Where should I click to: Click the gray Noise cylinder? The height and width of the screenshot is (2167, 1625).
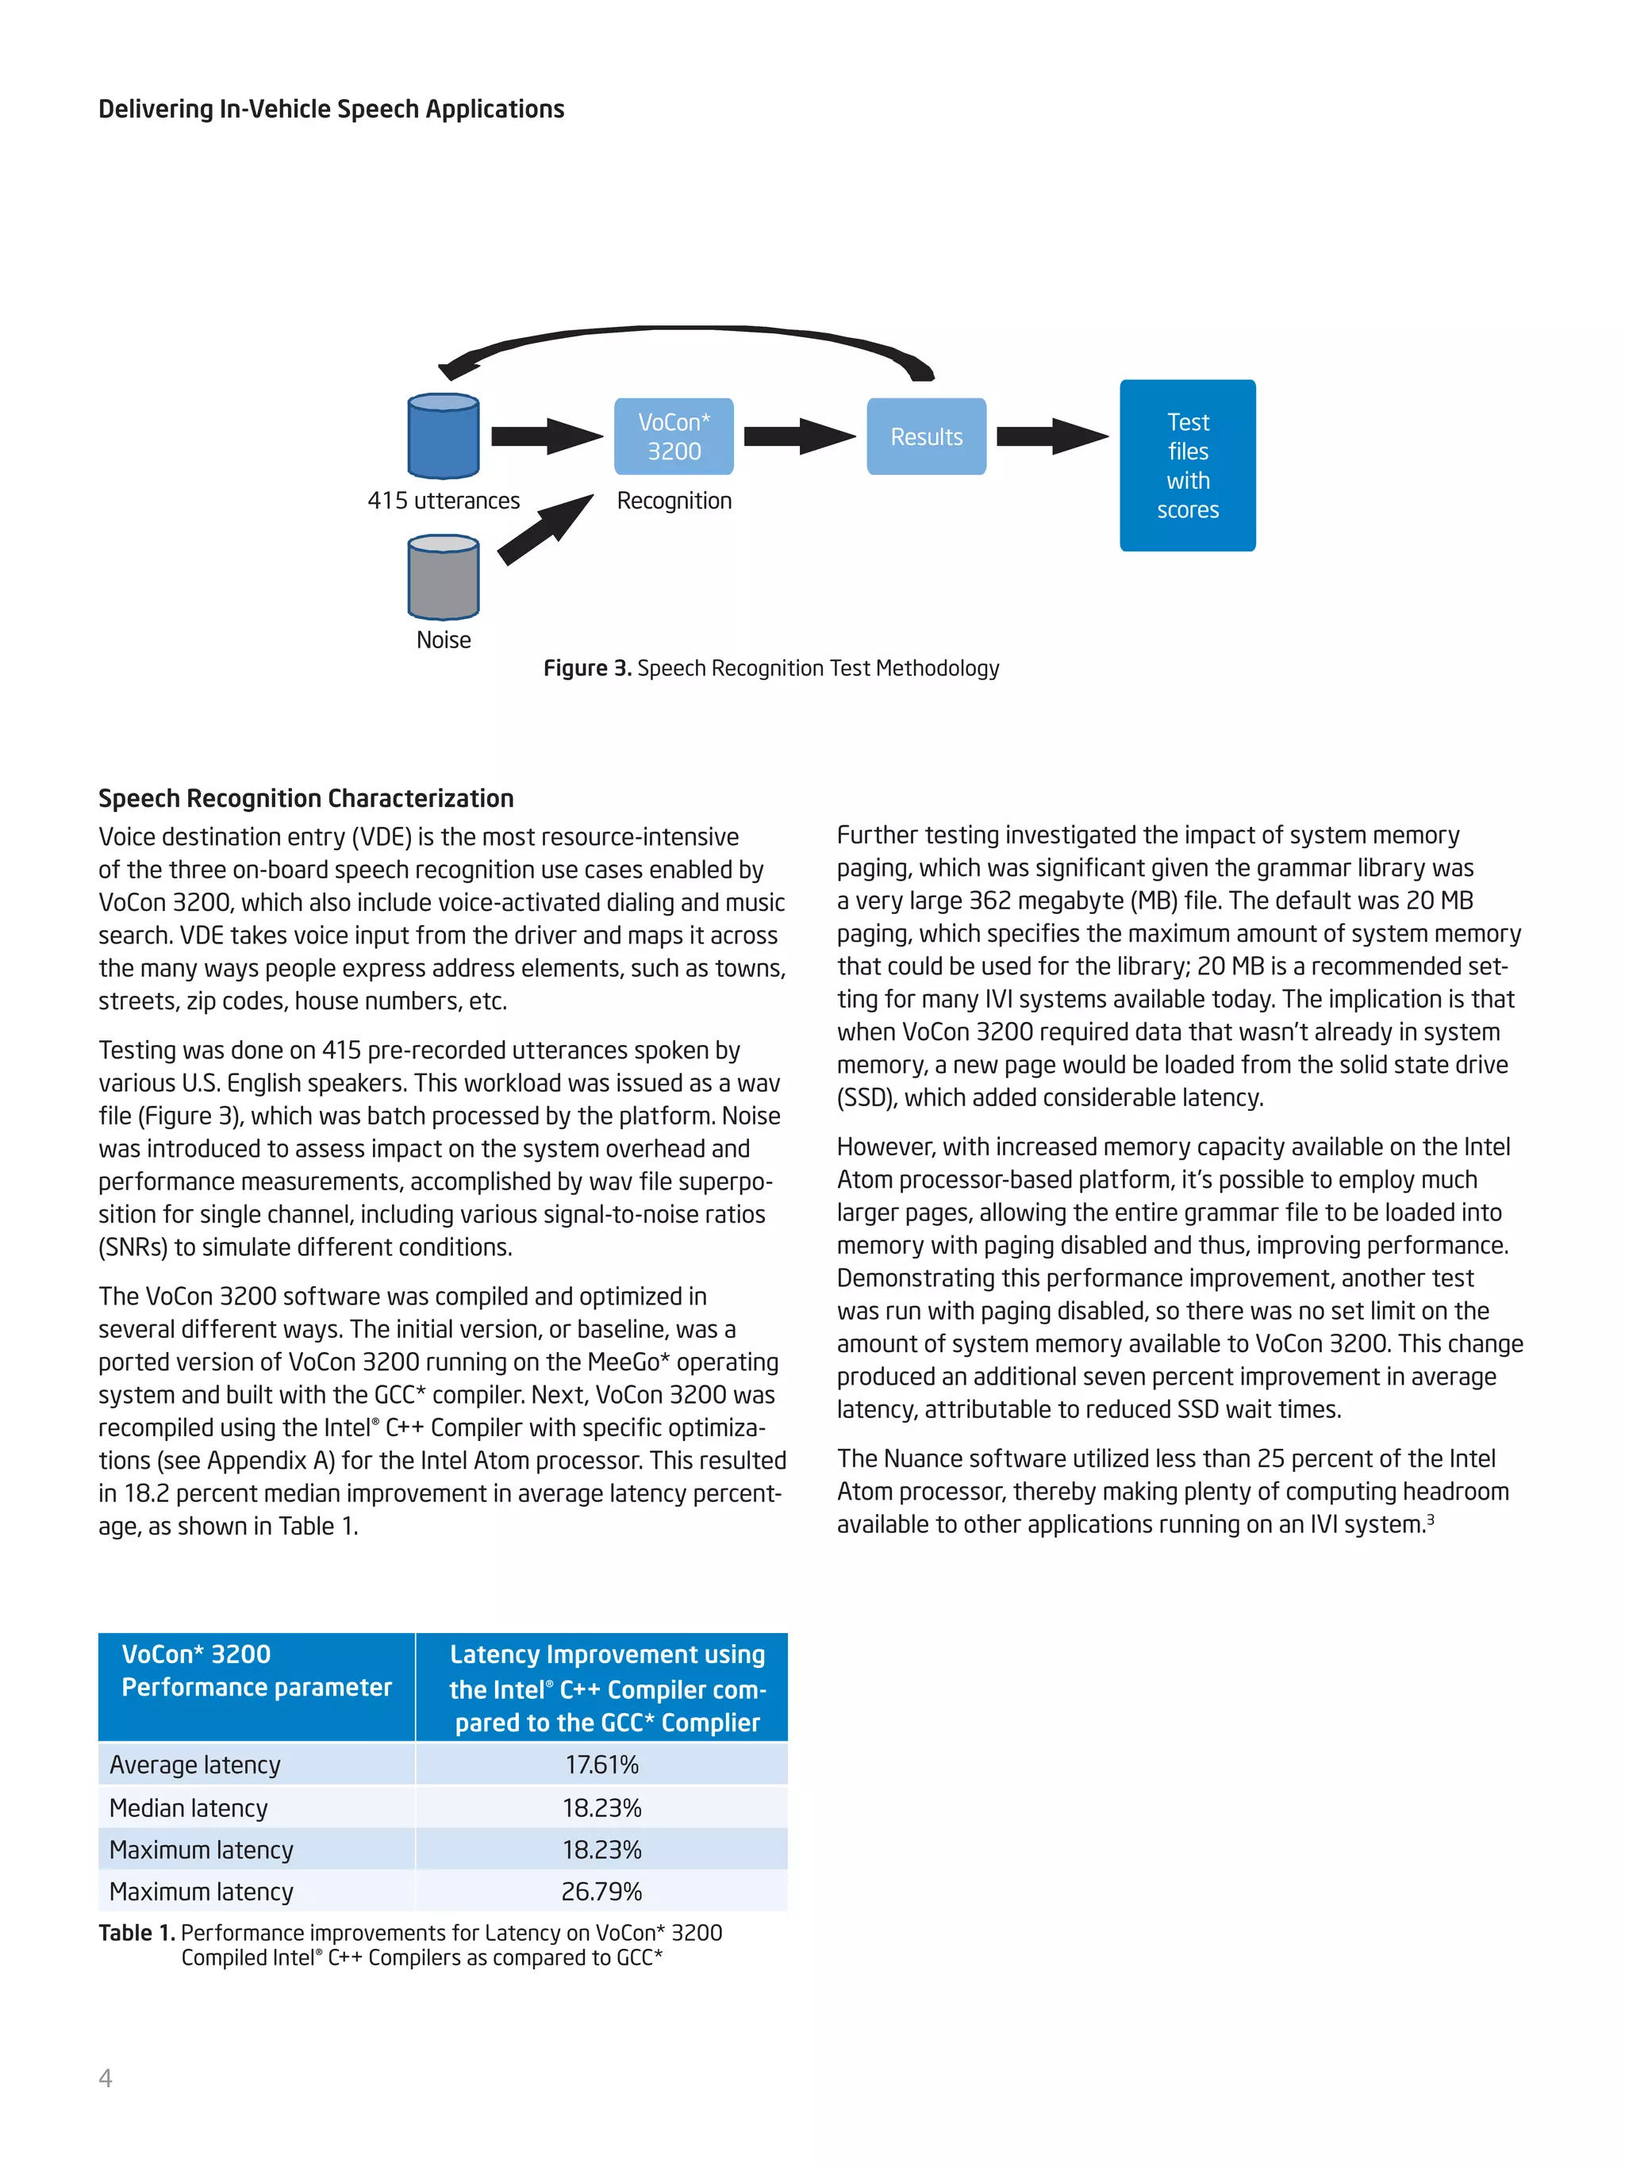tap(443, 577)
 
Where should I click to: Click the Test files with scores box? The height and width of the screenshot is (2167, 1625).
tap(1187, 465)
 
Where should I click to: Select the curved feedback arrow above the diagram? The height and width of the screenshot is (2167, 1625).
tap(686, 333)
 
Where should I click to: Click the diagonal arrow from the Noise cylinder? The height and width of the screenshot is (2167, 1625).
tap(544, 530)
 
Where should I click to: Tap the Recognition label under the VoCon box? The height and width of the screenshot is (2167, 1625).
tap(674, 501)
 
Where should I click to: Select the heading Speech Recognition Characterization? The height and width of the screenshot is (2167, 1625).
tap(305, 798)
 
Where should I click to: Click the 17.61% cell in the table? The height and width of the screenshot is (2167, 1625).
tap(601, 1765)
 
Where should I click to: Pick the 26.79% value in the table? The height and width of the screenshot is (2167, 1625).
tap(601, 1892)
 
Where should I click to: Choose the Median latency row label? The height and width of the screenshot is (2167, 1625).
tap(188, 1808)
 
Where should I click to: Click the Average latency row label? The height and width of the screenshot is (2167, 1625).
tap(195, 1765)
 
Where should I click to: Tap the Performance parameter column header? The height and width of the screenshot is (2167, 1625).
tap(255, 1671)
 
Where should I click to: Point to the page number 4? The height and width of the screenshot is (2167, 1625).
tap(106, 2078)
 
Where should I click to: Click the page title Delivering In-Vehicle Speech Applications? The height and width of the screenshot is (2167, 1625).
tap(331, 109)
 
